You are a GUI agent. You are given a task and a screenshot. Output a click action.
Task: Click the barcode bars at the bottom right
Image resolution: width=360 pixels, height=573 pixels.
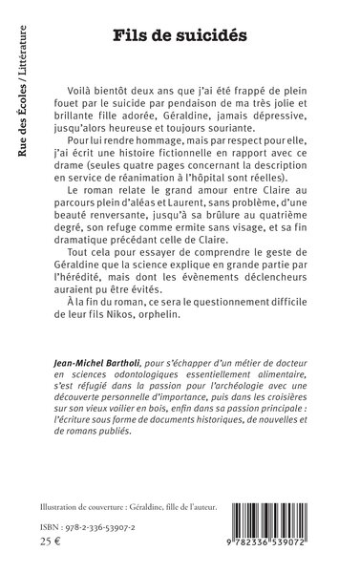(x=278, y=523)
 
